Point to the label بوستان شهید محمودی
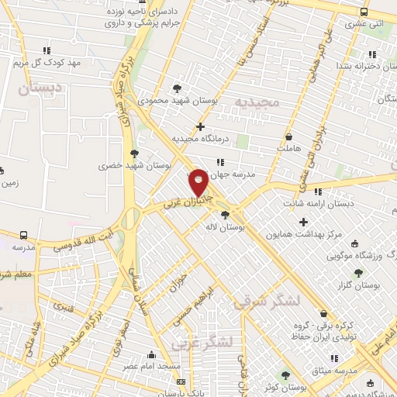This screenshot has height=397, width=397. [x=179, y=101]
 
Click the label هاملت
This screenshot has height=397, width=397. [x=287, y=147]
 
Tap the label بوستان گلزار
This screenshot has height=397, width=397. [x=357, y=285]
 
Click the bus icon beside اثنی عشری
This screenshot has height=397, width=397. [x=364, y=12]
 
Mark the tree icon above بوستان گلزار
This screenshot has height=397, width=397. [x=357, y=273]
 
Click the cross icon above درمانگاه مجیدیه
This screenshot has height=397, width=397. [x=201, y=126]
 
